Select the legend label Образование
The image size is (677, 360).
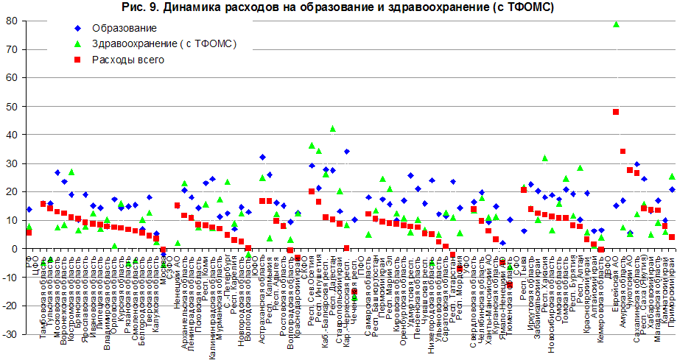pyautogui.click(x=124, y=29)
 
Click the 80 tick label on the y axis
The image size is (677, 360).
pyautogui.click(x=12, y=21)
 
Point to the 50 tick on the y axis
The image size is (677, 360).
pyautogui.click(x=12, y=107)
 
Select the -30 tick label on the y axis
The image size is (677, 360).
pyautogui.click(x=10, y=334)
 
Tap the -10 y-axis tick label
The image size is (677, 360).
pyautogui.click(x=10, y=278)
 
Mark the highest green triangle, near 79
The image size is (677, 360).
pyautogui.click(x=616, y=24)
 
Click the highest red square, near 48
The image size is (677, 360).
pyautogui.click(x=615, y=112)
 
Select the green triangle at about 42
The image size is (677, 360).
pyautogui.click(x=332, y=129)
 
